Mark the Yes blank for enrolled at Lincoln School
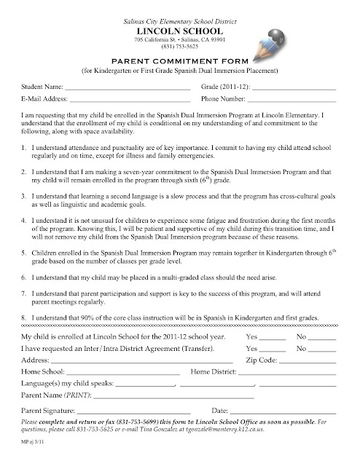click(x=273, y=339)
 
